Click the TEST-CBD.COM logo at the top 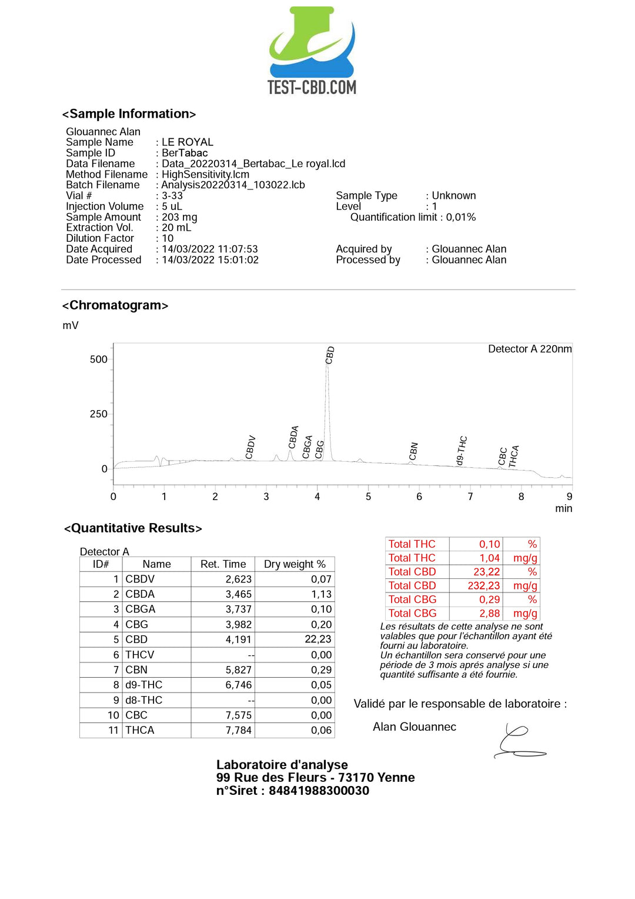pyautogui.click(x=312, y=51)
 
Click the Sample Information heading pyautogui.click(x=129, y=114)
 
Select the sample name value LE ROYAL pyautogui.click(x=188, y=142)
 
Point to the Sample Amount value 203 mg pyautogui.click(x=179, y=217)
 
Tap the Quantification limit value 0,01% pyautogui.click(x=461, y=217)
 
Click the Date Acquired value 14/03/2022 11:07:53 pyautogui.click(x=210, y=249)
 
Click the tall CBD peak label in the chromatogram pyautogui.click(x=330, y=355)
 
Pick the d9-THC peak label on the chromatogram pyautogui.click(x=462, y=451)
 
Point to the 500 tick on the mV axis pyautogui.click(x=98, y=359)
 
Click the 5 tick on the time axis pyautogui.click(x=368, y=497)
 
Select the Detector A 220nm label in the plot pyautogui.click(x=529, y=349)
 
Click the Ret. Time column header pyautogui.click(x=223, y=564)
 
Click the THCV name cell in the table pyautogui.click(x=140, y=655)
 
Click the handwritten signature pyautogui.click(x=518, y=742)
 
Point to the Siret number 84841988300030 pyautogui.click(x=319, y=791)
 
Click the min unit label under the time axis pyautogui.click(x=563, y=508)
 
